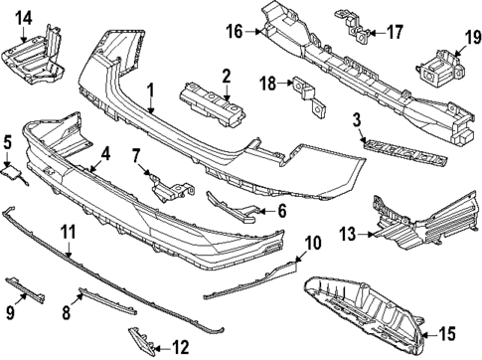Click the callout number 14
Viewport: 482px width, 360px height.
[23, 17]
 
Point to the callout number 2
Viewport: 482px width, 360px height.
[227, 75]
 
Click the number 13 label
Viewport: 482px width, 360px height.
[347, 234]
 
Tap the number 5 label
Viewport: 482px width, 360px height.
[7, 142]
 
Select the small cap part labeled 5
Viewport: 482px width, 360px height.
[16, 176]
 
